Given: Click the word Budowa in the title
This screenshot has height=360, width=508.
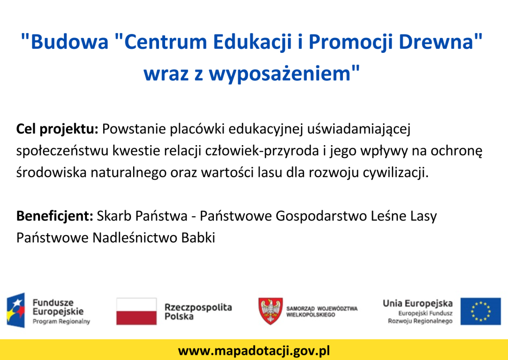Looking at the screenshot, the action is click(69, 42).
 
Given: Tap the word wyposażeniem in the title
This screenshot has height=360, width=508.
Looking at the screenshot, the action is click(279, 74).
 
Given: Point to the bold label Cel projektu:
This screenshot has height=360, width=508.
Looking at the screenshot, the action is click(57, 129).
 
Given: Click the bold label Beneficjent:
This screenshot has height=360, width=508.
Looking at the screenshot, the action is click(55, 216).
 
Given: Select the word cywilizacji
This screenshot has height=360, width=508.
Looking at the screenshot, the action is click(395, 173).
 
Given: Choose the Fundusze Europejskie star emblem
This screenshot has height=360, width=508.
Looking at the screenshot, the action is click(16, 310).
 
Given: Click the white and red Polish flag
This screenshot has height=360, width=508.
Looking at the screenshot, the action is click(136, 311).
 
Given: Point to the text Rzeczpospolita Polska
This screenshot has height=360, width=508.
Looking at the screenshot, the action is click(198, 311).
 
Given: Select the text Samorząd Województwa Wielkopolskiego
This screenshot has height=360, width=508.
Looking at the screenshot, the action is click(322, 311).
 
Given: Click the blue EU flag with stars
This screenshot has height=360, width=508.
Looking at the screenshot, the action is click(481, 311).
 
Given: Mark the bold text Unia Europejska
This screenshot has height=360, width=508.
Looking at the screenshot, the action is click(418, 303).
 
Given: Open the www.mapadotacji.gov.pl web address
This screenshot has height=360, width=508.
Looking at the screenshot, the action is click(254, 351).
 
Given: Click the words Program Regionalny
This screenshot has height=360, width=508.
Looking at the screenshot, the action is click(61, 321).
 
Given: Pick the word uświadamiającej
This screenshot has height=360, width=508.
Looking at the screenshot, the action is click(359, 129).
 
